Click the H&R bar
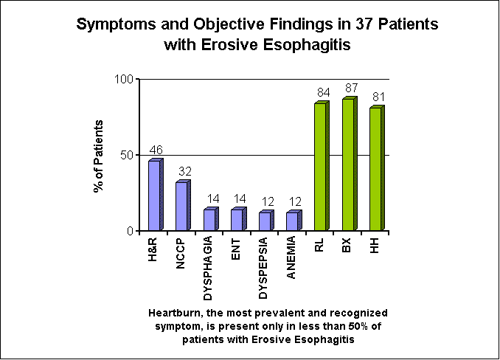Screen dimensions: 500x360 [x=156, y=195]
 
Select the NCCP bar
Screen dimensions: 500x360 [x=184, y=205]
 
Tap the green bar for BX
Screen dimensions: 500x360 [x=350, y=164]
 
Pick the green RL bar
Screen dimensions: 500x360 [x=322, y=166]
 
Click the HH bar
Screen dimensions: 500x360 [x=378, y=168]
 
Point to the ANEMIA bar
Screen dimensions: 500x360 [x=294, y=221]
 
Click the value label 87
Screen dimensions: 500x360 [x=351, y=88]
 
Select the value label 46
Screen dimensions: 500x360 [x=156, y=150]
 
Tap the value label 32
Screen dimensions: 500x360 [x=185, y=172]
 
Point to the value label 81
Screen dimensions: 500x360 [x=378, y=97]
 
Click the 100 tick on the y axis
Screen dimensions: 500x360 [x=124, y=79]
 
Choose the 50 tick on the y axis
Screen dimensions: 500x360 [x=127, y=156]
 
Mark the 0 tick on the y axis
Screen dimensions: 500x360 [x=130, y=231]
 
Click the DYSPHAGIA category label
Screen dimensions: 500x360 [x=208, y=269]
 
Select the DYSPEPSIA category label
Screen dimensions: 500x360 [x=263, y=269]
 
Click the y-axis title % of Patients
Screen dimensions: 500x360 [x=99, y=156]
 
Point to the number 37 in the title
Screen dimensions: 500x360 [x=364, y=24]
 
